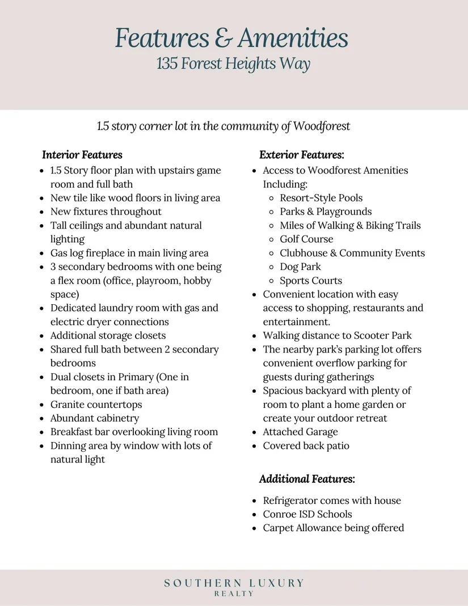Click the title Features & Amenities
[231, 38]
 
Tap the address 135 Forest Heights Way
[233, 63]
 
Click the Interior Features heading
[82, 155]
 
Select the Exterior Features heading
[302, 155]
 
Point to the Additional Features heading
[307, 479]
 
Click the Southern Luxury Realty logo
[234, 587]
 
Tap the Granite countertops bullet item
[96, 405]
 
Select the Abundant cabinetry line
[95, 418]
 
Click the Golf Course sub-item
[306, 239]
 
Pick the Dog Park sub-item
[300, 267]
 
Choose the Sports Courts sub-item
[311, 280]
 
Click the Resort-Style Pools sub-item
[321, 198]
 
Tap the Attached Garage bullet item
[300, 432]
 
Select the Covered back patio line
[306, 445]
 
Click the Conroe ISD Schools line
[307, 514]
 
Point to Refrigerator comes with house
[332, 500]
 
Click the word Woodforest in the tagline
[322, 126]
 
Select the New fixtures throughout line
[106, 212]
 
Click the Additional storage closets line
[108, 335]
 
